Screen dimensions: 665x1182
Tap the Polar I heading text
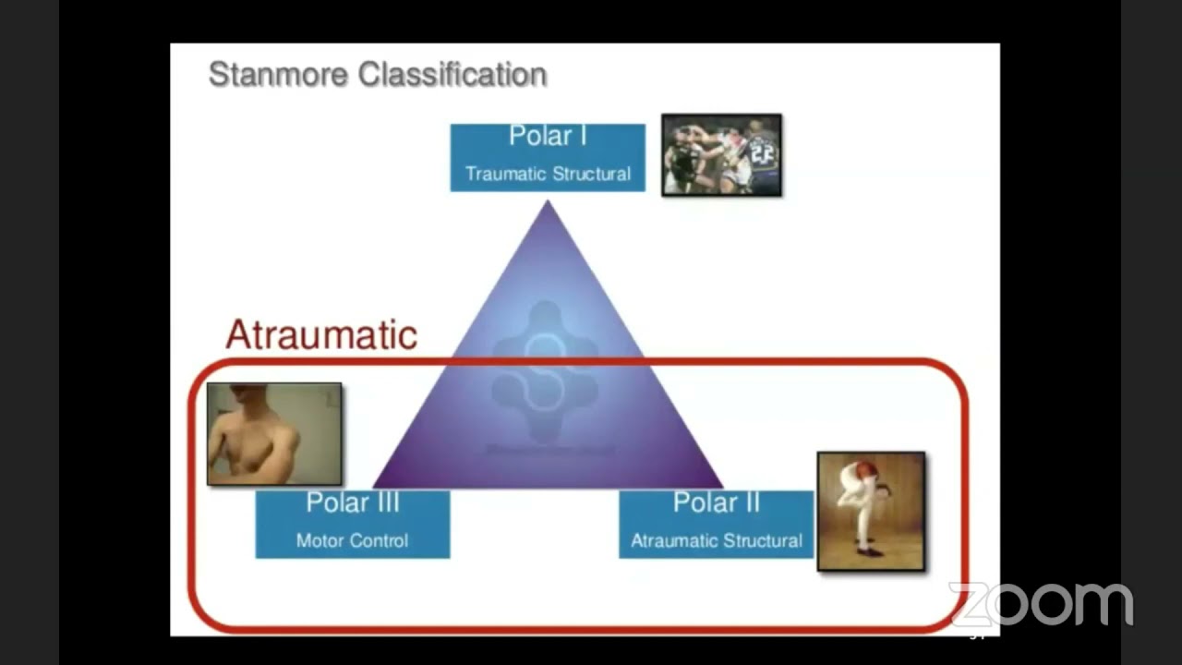548,136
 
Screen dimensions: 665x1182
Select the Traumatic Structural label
548,174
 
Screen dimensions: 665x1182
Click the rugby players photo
721,155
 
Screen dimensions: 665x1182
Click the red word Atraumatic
321,334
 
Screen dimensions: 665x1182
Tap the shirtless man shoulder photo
274,434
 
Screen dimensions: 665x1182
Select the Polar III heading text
352,503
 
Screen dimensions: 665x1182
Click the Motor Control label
352,541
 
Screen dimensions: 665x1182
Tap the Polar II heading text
716,503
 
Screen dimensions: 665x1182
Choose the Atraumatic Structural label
716,541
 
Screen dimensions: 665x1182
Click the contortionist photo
871,511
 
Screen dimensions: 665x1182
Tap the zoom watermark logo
1041,605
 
